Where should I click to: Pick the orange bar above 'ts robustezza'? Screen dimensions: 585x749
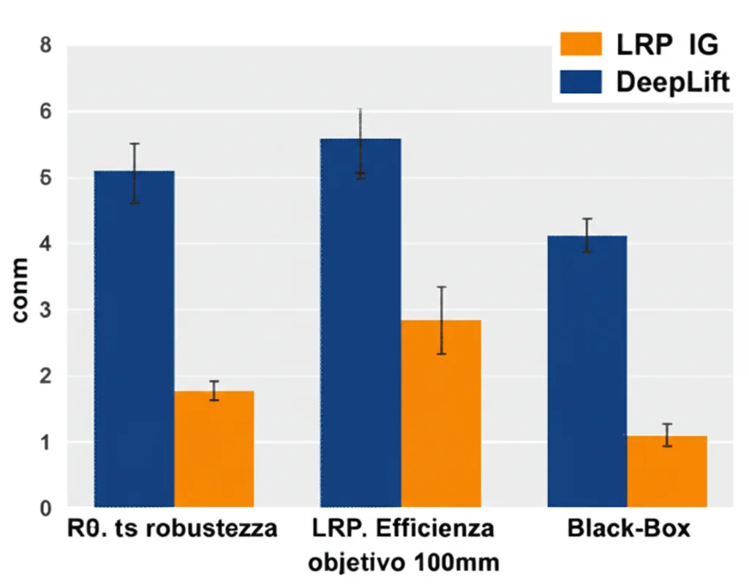(214, 448)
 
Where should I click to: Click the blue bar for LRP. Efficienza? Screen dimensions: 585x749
(361, 322)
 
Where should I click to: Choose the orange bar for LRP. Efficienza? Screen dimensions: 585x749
(441, 413)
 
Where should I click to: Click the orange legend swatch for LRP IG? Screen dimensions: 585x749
(580, 45)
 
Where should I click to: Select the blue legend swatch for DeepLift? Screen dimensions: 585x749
(580, 81)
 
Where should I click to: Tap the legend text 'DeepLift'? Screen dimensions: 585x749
(672, 82)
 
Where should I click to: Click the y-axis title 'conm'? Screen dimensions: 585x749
(20, 291)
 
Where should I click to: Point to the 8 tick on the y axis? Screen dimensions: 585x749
(45, 45)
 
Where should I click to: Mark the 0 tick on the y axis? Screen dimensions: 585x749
(45, 507)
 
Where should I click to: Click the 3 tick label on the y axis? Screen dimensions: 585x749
(45, 310)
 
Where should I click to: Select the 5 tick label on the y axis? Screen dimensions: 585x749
(45, 178)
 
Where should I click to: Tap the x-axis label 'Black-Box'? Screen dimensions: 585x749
(628, 529)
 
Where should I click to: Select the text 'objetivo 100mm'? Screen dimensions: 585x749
(403, 563)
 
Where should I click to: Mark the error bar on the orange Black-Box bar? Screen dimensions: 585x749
(666, 435)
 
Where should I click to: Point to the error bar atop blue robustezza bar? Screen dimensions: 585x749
(135, 174)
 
